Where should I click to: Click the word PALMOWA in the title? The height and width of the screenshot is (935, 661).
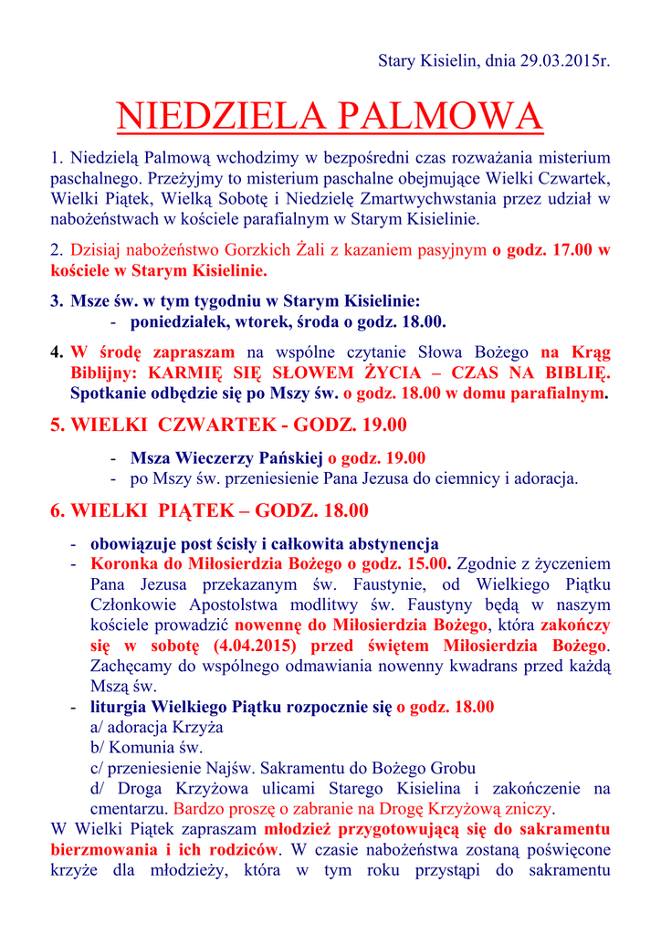tap(440, 117)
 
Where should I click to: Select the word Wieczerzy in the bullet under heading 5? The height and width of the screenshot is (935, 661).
tap(212, 457)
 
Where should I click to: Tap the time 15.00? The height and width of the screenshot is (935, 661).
tap(428, 563)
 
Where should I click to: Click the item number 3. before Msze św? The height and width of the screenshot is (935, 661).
tap(57, 301)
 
